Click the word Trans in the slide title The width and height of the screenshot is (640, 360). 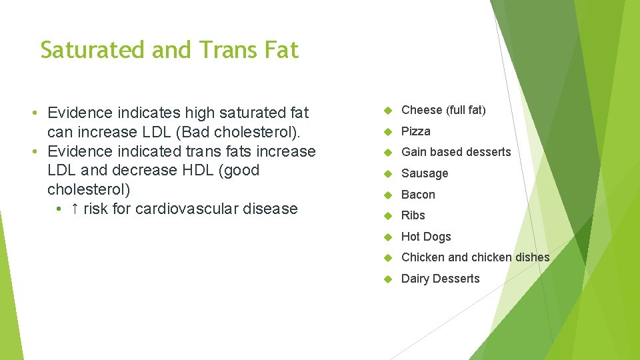203,50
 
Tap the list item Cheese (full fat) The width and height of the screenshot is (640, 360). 443,110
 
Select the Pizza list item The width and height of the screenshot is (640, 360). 415,131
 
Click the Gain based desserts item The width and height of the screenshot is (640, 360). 456,152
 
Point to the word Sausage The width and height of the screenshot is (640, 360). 425,173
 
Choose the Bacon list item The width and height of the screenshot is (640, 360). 418,195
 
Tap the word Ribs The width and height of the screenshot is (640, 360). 413,215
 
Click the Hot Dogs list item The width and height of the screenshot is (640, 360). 426,237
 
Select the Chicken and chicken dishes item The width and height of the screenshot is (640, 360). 475,257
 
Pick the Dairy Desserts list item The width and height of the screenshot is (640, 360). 440,279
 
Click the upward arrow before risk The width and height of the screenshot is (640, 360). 75,209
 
